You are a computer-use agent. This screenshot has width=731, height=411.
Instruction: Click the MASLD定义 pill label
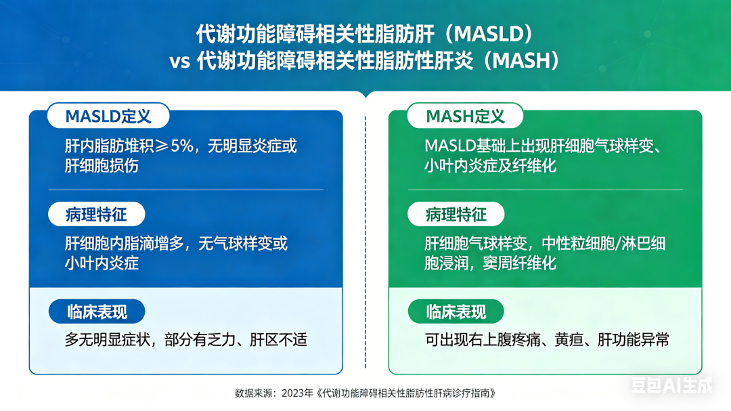coord(108,116)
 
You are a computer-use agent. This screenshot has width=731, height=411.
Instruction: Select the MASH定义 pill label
coord(465,116)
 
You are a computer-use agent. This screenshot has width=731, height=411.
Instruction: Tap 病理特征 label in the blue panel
coord(97,214)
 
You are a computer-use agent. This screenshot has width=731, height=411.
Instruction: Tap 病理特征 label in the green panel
coord(456,214)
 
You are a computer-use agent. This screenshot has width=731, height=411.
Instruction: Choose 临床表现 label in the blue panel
coord(97,311)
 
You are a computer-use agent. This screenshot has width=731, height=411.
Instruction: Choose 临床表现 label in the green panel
coord(456,311)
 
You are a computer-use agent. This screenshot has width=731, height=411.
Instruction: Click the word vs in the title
coord(179,62)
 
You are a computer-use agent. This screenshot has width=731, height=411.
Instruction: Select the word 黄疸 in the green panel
coord(569,340)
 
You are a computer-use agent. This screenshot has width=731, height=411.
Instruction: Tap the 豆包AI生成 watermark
coord(672,385)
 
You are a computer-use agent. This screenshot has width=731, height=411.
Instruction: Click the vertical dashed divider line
coord(365,242)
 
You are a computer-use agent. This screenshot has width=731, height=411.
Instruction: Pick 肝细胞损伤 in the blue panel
coord(102,166)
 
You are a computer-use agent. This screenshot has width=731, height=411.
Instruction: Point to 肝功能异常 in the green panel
coord(633,340)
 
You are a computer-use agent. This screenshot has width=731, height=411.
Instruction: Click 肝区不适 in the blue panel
coord(279,340)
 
